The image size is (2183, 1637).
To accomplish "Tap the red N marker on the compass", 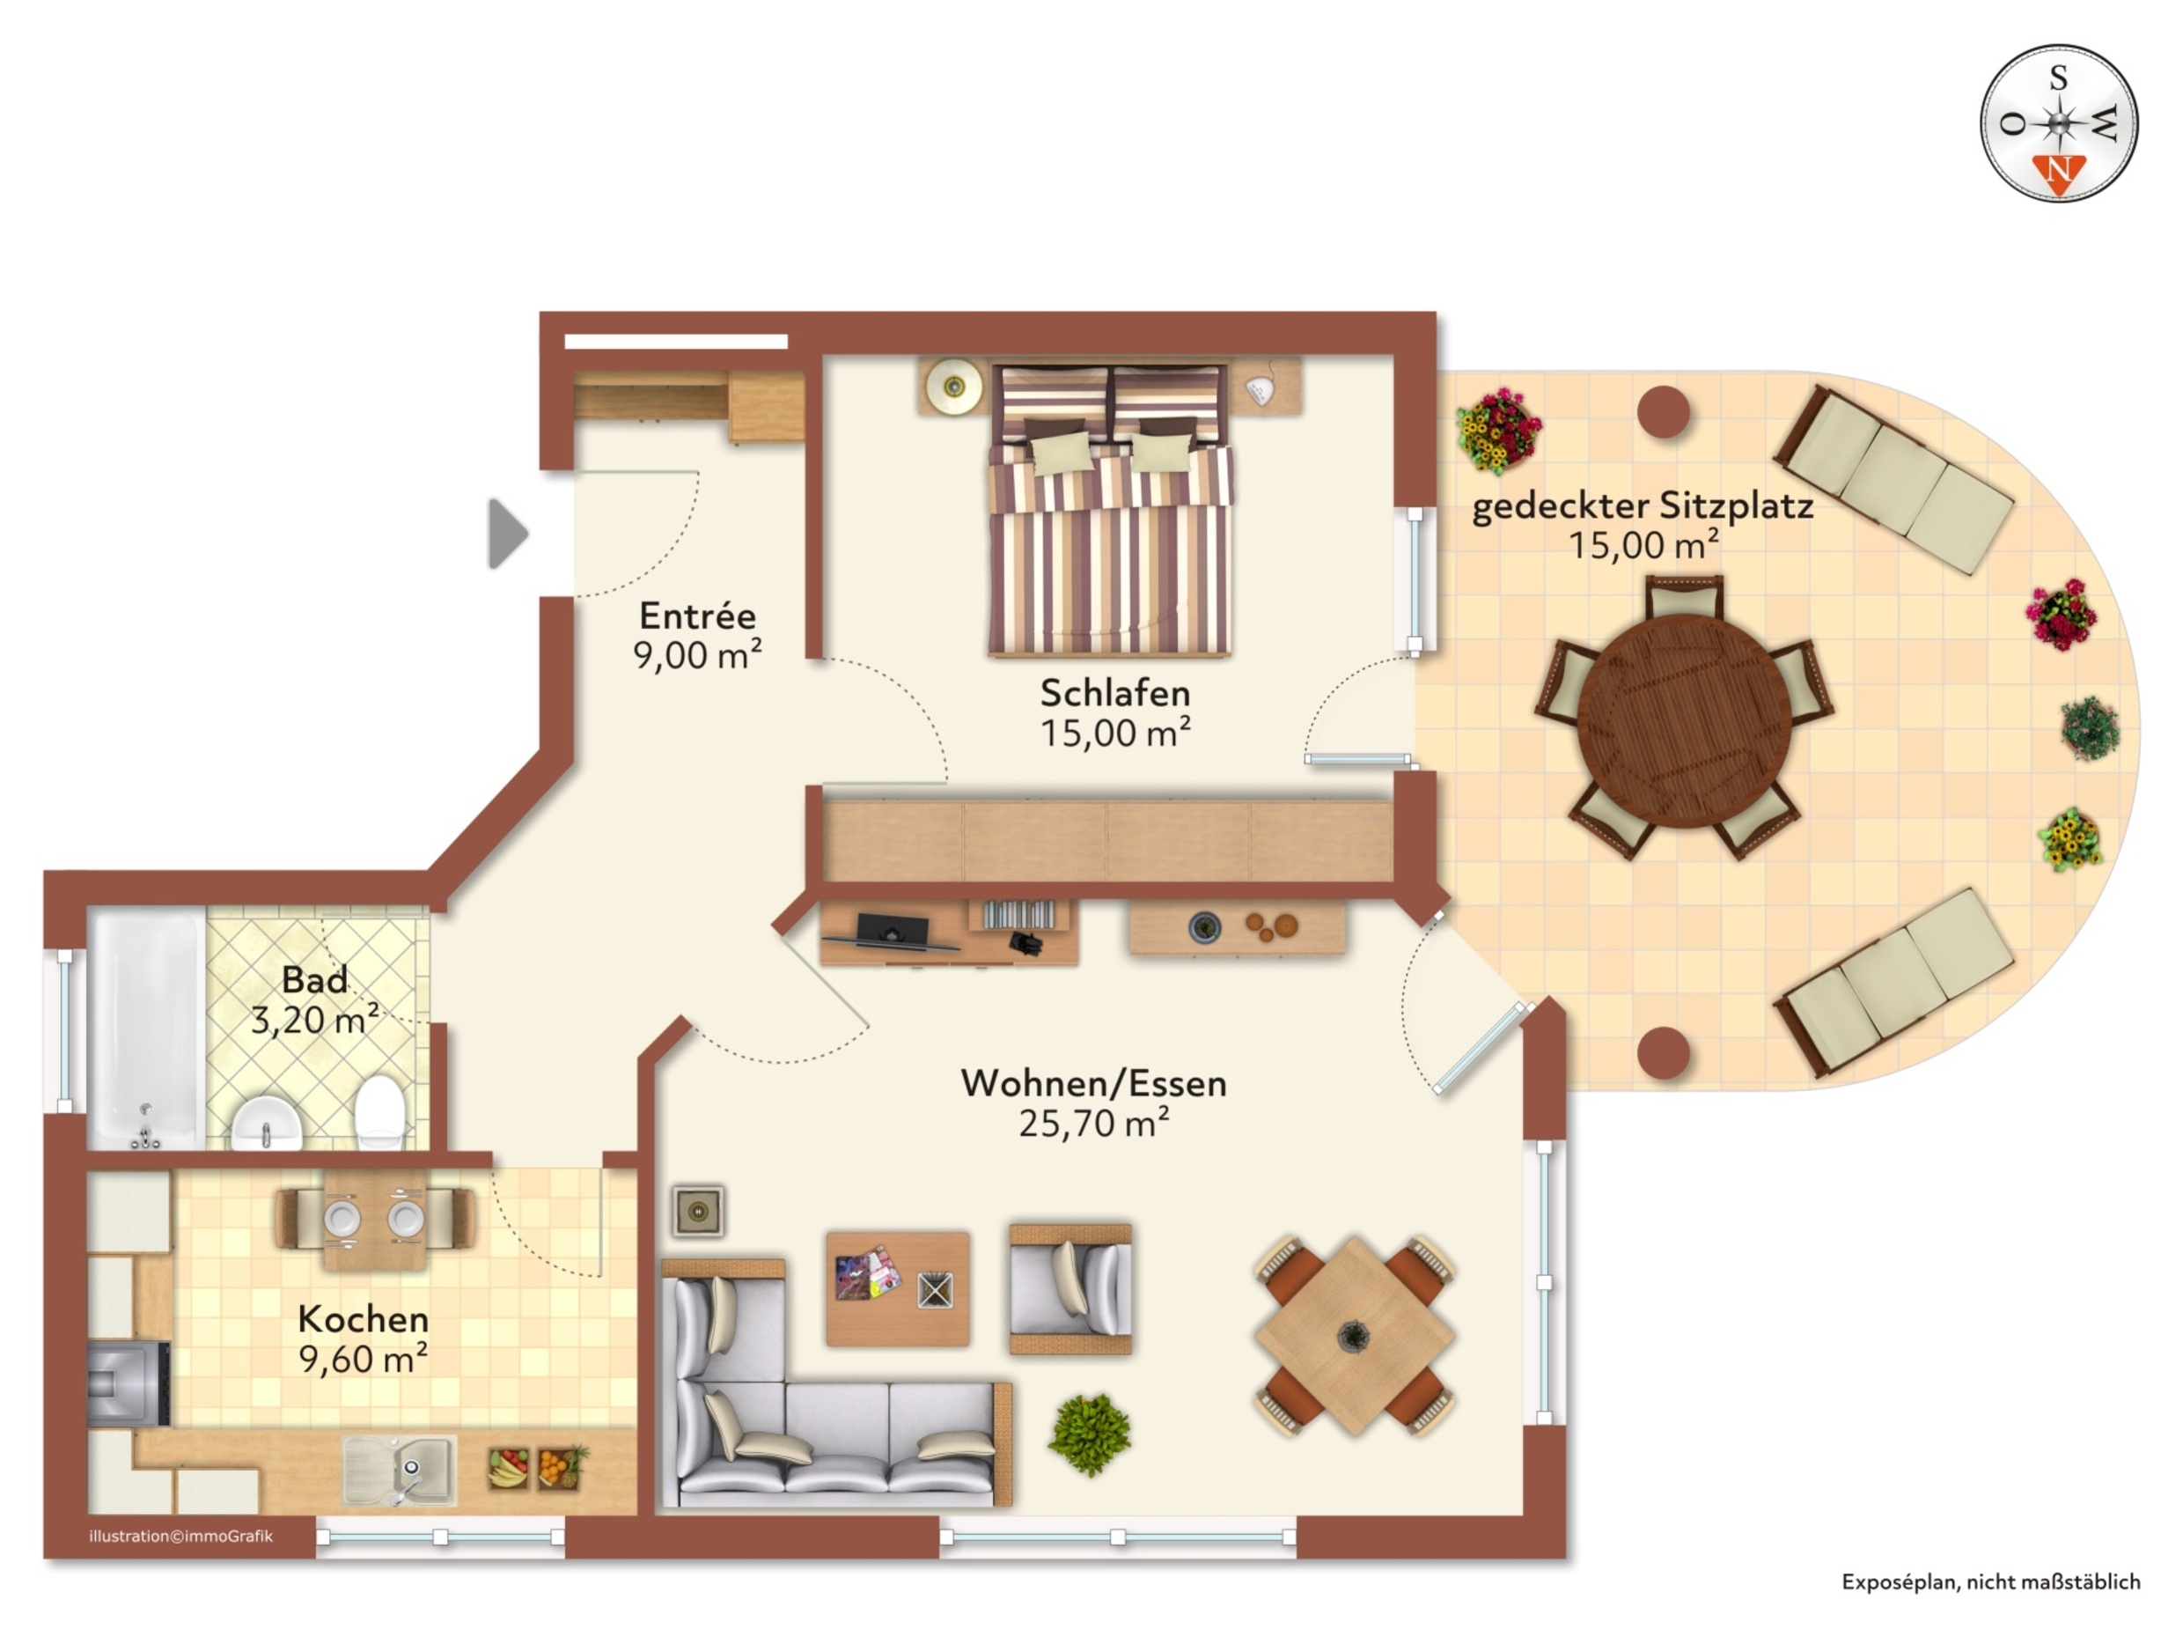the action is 2059,173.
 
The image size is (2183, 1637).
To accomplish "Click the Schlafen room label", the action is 1115,693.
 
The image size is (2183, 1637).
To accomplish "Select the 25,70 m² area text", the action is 1093,1124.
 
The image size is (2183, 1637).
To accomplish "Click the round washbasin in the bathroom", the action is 267,1124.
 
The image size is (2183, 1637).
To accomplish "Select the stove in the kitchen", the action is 129,1383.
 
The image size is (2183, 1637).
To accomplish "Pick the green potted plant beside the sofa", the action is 1090,1434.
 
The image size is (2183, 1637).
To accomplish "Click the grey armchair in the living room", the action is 1070,1288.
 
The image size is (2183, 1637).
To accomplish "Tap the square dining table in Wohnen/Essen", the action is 1354,1337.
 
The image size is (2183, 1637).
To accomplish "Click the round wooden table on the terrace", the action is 1685,719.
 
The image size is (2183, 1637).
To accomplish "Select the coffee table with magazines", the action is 897,1288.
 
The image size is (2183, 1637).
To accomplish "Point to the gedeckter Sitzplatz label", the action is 1643,505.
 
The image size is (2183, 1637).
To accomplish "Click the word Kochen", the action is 364,1319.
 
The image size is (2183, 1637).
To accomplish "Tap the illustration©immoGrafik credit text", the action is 180,1537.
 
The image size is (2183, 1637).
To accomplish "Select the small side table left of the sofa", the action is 699,1212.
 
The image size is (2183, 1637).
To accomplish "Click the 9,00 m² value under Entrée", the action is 698,654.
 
